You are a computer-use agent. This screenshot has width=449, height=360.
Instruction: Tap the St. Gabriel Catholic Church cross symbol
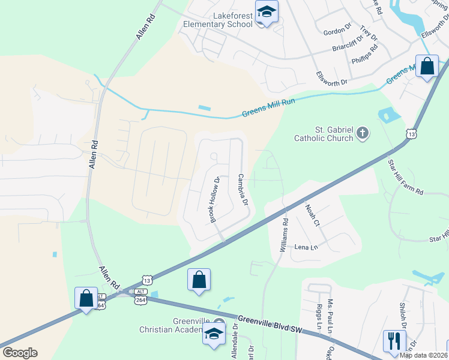(363, 133)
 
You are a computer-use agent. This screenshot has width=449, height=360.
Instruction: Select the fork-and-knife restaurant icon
(394, 341)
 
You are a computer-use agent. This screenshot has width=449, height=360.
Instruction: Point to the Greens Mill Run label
(269, 109)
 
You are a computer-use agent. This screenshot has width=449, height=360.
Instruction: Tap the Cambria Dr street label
(243, 189)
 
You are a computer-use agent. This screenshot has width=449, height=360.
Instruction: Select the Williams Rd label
(284, 234)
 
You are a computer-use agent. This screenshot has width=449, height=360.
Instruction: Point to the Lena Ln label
(305, 247)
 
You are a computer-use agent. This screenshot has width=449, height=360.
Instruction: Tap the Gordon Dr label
(337, 31)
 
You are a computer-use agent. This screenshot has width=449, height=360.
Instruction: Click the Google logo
(19, 353)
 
